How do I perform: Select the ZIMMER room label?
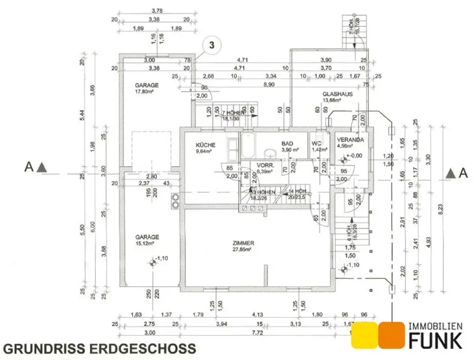(243, 243)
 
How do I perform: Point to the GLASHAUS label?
(337, 94)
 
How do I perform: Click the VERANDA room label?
(350, 140)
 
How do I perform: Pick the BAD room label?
(287, 144)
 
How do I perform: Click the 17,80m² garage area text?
(144, 92)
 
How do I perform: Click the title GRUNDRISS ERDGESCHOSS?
(100, 348)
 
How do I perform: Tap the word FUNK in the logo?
(435, 341)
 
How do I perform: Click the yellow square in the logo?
(364, 335)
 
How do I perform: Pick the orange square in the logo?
(392, 335)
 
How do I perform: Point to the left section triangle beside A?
(42, 167)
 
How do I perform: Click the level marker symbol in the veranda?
(343, 159)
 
